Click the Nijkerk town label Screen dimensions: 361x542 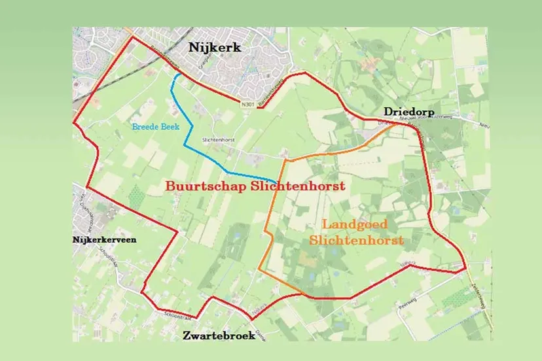[x=215, y=47]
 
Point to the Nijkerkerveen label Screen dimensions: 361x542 [x=105, y=240]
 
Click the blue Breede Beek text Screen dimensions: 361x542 [x=155, y=126]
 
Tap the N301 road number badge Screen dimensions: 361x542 [x=247, y=105]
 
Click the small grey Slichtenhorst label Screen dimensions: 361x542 [x=218, y=139]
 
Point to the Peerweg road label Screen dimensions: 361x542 [x=406, y=305]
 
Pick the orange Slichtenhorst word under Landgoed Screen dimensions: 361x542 [x=355, y=240]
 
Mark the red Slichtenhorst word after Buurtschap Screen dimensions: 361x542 [x=293, y=186]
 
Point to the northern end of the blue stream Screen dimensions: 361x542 [x=175, y=75]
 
